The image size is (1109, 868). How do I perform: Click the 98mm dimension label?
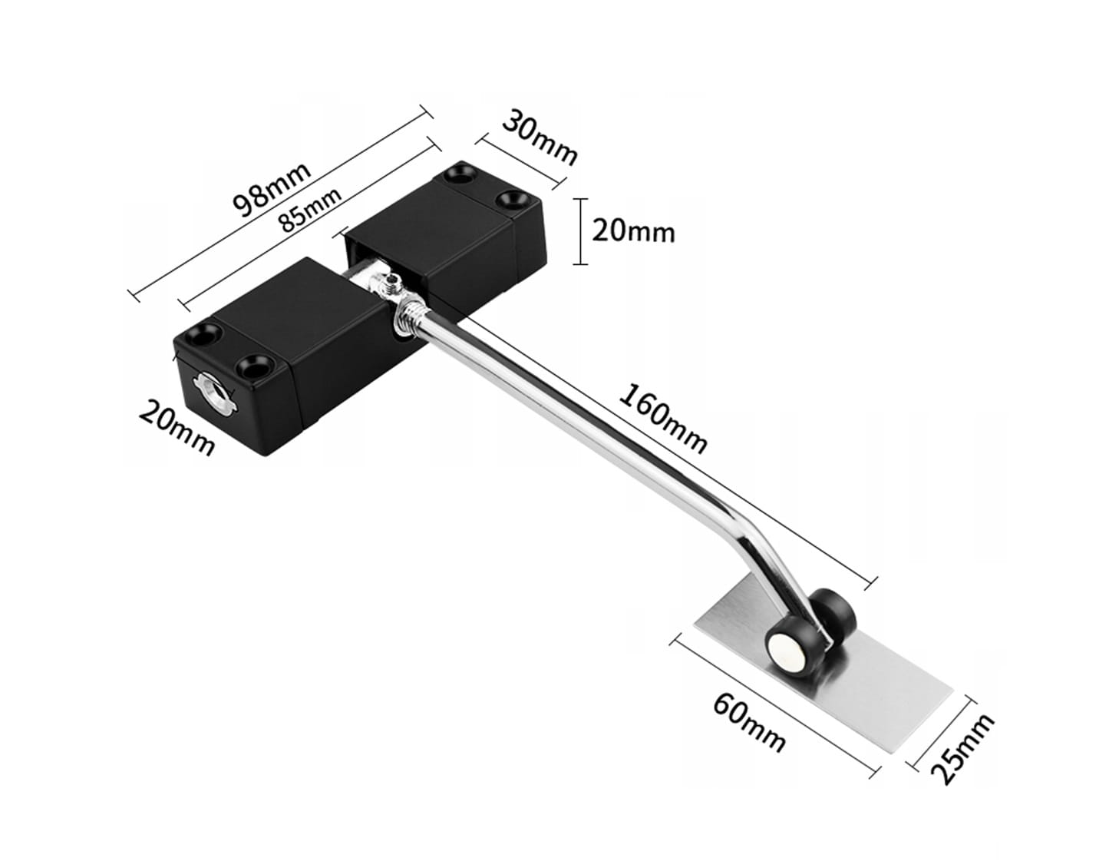point(272,190)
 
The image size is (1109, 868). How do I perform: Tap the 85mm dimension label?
point(310,210)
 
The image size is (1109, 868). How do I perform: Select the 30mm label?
point(540,137)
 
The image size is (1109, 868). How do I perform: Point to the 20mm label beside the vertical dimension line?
point(633,231)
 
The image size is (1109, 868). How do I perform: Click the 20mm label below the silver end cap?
point(177,428)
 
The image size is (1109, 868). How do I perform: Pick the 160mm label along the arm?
point(662,419)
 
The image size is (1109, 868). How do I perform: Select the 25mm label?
point(962,750)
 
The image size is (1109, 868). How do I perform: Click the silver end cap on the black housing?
point(213,392)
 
